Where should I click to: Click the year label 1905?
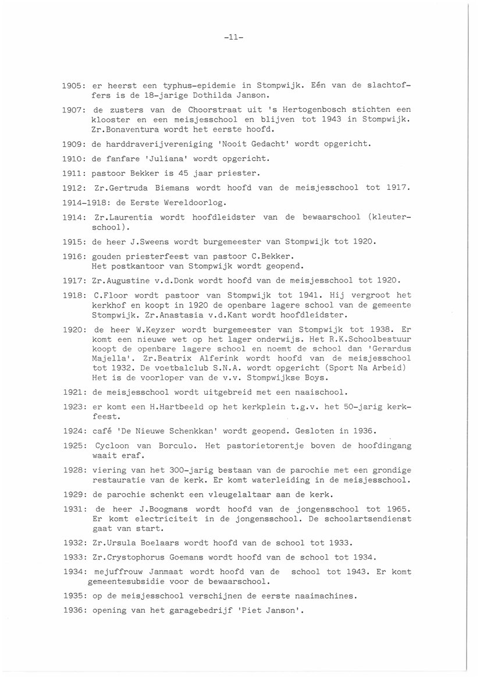[74, 85]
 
